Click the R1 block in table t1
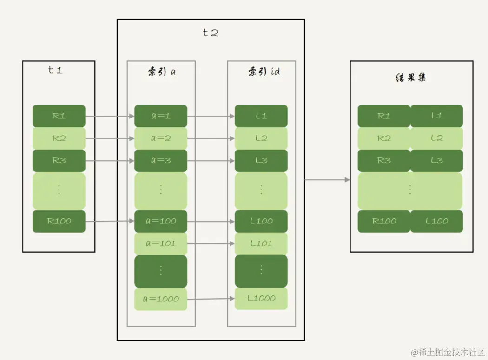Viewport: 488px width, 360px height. tap(59, 116)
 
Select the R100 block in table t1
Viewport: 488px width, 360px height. tap(59, 221)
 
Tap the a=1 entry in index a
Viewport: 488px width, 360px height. tap(161, 116)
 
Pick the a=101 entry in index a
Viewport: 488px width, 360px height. tap(161, 243)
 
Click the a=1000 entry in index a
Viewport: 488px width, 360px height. tap(161, 299)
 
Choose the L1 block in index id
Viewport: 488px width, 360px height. tap(261, 116)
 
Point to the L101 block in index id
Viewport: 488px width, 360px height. tap(261, 243)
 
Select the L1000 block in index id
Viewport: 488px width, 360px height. tap(261, 298)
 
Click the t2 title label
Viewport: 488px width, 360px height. tap(211, 33)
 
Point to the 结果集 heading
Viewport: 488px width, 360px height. tap(410, 78)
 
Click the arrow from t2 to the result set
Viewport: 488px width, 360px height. tap(327, 179)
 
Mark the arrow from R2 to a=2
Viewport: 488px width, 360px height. tap(110, 138)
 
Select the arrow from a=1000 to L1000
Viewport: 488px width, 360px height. tap(211, 299)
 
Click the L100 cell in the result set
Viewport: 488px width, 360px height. tap(437, 221)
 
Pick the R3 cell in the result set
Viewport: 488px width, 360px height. tap(384, 160)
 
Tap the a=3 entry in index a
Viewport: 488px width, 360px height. tap(161, 160)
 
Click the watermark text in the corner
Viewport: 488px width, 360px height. tap(447, 352)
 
